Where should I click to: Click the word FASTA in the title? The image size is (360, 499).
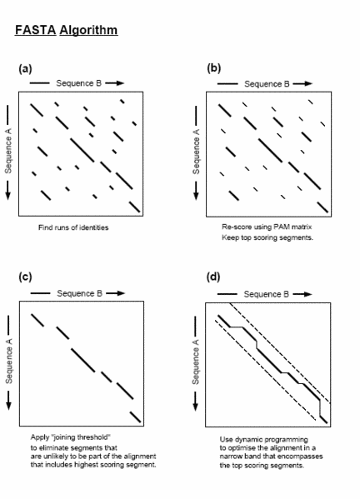tap(36, 30)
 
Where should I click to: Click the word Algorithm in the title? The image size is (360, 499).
tap(88, 31)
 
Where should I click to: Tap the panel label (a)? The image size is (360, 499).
tap(25, 68)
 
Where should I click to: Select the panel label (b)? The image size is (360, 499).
tap(213, 67)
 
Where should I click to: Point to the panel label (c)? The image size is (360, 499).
tap(25, 277)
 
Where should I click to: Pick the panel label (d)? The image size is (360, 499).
tap(213, 277)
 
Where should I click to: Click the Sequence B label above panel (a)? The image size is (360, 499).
tap(78, 83)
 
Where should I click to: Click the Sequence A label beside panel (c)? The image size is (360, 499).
tap(9, 361)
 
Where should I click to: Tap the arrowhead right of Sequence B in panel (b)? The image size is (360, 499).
tap(308, 83)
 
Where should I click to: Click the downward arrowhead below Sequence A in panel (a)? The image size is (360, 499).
tap(8, 196)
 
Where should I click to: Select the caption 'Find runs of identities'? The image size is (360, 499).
tap(73, 227)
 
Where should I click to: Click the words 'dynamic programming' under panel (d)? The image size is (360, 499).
tap(272, 440)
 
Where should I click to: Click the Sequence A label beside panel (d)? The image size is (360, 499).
tap(196, 362)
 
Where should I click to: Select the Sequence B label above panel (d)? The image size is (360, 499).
tap(266, 294)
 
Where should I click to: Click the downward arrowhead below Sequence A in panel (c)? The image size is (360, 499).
tap(8, 405)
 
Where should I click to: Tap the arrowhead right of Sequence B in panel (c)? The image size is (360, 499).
tap(120, 293)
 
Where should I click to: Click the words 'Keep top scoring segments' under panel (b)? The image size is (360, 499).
tap(267, 237)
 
